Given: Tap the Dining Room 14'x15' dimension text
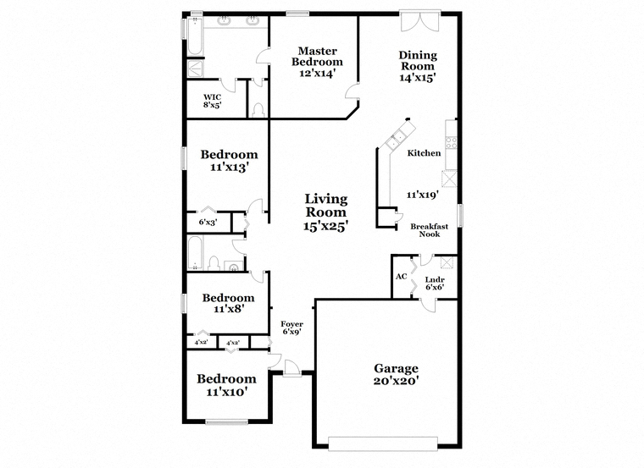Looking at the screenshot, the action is [417, 78].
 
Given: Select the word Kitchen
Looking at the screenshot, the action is [424, 153].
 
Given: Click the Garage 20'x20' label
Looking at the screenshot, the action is [396, 374].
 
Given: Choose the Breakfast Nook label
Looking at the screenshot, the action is [430, 230].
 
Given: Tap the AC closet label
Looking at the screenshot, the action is [402, 277].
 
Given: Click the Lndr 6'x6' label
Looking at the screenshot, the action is [435, 284].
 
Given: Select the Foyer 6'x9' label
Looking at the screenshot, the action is [292, 328].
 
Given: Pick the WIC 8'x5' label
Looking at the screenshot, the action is [213, 101].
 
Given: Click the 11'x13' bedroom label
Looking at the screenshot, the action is [229, 161].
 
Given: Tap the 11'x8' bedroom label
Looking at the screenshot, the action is [228, 304].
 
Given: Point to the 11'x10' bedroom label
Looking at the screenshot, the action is [226, 385].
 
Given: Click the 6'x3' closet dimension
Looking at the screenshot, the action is [208, 223].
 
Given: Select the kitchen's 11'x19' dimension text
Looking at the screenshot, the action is [423, 195].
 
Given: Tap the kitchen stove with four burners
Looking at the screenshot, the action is [452, 142].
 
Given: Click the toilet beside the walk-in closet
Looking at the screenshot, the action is [258, 111].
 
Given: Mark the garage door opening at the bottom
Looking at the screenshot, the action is [383, 443].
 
